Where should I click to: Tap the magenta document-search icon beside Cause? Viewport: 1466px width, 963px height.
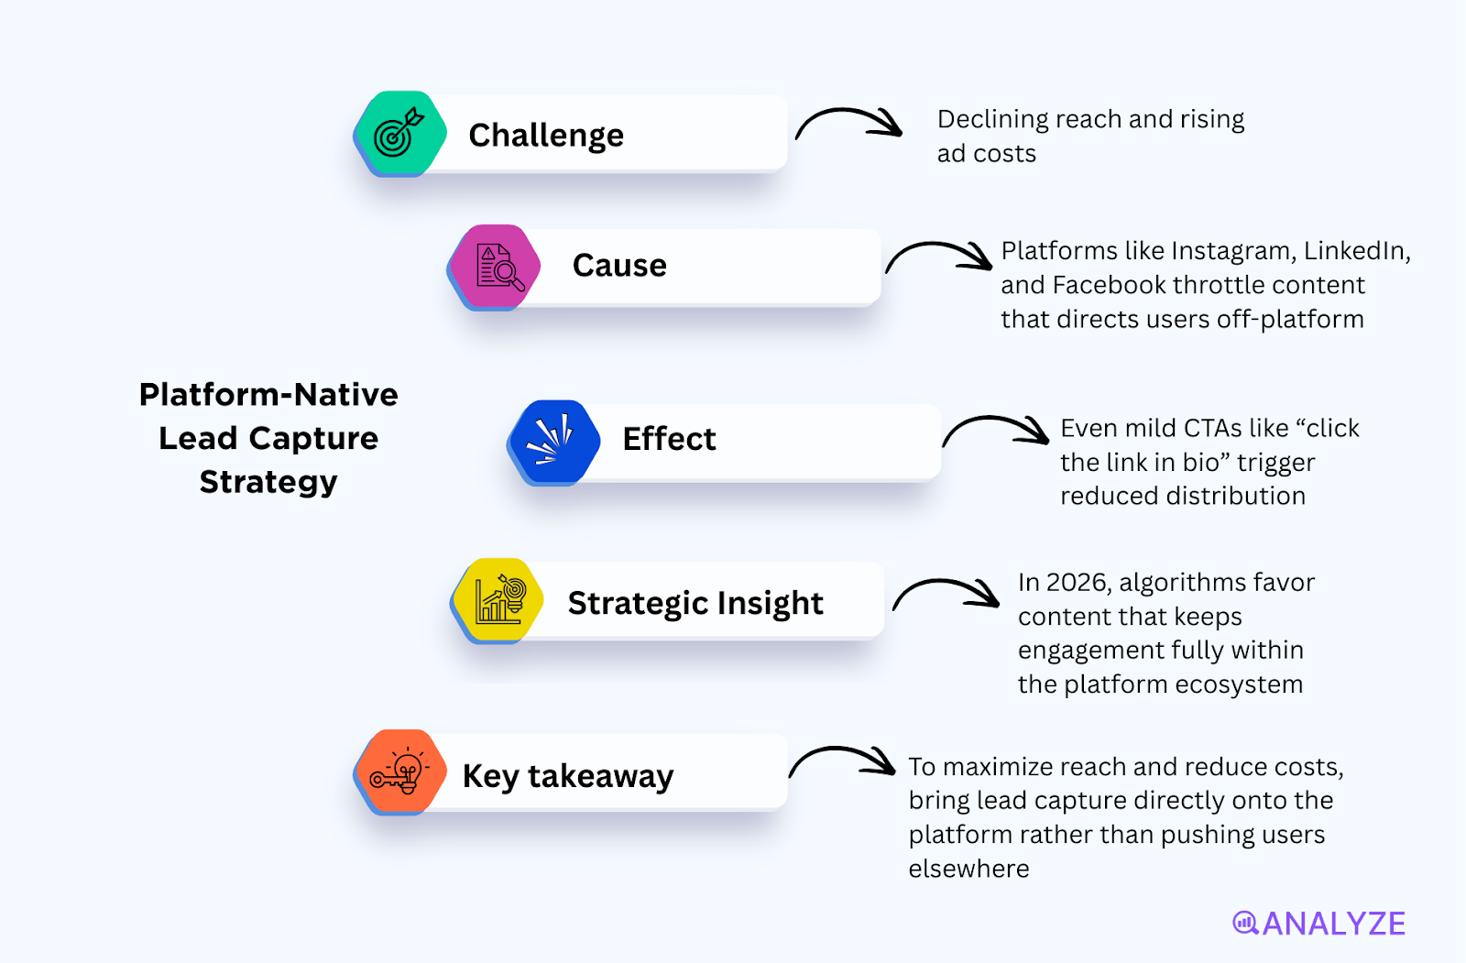click(x=496, y=267)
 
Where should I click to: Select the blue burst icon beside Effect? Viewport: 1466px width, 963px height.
click(x=553, y=441)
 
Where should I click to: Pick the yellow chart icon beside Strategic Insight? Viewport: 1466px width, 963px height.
click(x=498, y=600)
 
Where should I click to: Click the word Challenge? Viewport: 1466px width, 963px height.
click(x=546, y=136)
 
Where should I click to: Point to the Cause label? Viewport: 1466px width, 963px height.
click(x=619, y=266)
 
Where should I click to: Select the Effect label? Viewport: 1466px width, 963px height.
click(x=669, y=439)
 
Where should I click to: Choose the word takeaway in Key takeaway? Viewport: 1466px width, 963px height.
click(x=600, y=777)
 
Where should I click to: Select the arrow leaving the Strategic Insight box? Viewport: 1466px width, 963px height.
click(x=946, y=593)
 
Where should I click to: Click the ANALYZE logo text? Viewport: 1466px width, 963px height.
click(x=1333, y=924)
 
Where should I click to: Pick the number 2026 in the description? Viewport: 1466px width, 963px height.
click(x=1077, y=583)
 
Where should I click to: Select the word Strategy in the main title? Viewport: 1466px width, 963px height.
click(x=268, y=482)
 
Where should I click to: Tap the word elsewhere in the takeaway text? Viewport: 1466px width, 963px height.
click(x=968, y=869)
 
